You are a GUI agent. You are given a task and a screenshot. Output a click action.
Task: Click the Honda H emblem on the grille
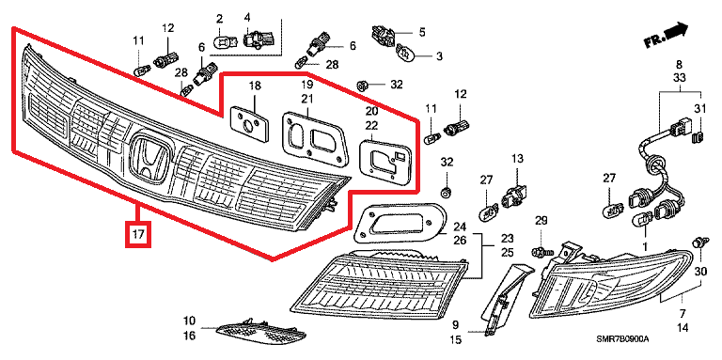pyautogui.click(x=148, y=158)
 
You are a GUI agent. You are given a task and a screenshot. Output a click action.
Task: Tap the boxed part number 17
pyautogui.click(x=138, y=235)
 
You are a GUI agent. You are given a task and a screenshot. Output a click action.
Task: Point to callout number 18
pyautogui.click(x=255, y=86)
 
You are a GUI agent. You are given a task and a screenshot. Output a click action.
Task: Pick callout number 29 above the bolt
pyautogui.click(x=541, y=221)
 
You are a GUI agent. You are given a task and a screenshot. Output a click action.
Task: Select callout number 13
pyautogui.click(x=517, y=159)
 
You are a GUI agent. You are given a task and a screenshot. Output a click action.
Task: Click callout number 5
pyautogui.click(x=422, y=32)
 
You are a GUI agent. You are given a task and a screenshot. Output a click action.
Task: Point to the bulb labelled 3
pyautogui.click(x=406, y=54)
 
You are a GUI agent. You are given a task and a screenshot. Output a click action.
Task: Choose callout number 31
pyautogui.click(x=699, y=109)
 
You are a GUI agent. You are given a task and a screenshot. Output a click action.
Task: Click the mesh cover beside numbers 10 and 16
pyautogui.click(x=260, y=333)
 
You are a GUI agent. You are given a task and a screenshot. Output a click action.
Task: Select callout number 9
pyautogui.click(x=455, y=325)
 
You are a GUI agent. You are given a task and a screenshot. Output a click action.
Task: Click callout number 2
pyautogui.click(x=219, y=19)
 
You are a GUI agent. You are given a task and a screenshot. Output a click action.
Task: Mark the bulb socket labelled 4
pyautogui.click(x=259, y=39)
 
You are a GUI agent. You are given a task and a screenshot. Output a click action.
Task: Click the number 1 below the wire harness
pyautogui.click(x=645, y=247)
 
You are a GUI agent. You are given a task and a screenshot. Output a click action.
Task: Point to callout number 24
pyautogui.click(x=460, y=227)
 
